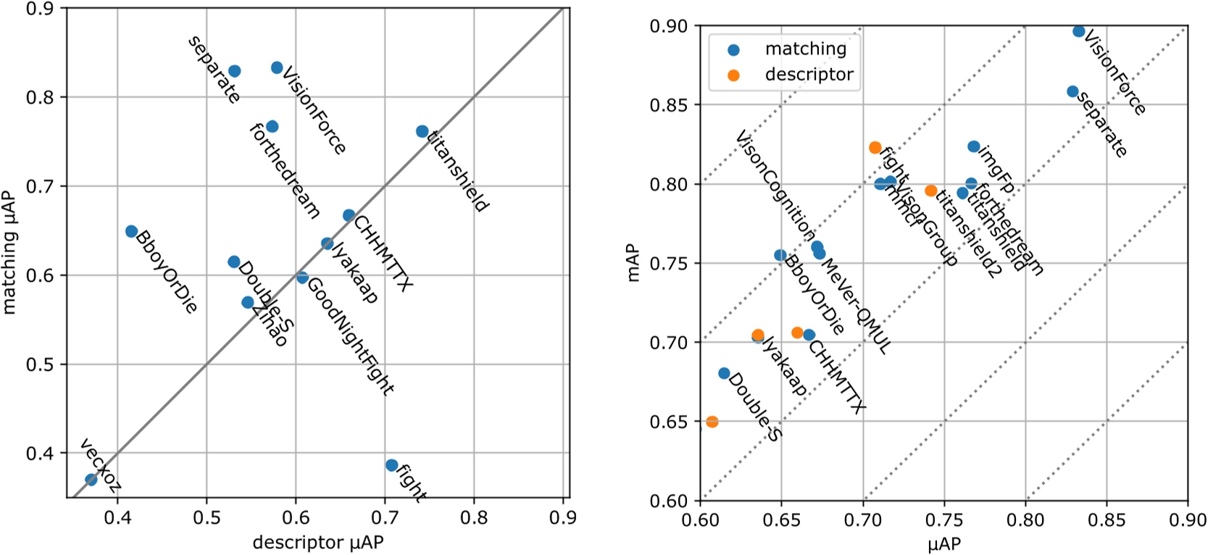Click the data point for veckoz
(x=91, y=480)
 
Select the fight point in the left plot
(x=391, y=465)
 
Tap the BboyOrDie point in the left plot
(x=131, y=231)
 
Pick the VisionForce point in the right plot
(x=1078, y=31)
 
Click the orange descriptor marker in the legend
(x=733, y=75)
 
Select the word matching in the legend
(x=805, y=49)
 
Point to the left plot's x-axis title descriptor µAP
(x=317, y=542)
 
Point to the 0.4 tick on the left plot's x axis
(x=117, y=518)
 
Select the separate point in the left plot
(x=234, y=71)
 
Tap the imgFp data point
(x=974, y=147)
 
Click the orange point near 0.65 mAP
(x=712, y=422)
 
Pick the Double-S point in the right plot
(x=724, y=373)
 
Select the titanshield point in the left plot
(x=422, y=131)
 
